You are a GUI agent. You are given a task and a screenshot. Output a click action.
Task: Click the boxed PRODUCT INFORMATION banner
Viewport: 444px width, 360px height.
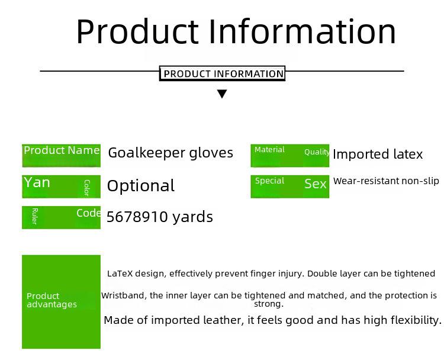coord(222,73)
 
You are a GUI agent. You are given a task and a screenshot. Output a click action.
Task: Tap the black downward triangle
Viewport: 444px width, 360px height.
coord(222,94)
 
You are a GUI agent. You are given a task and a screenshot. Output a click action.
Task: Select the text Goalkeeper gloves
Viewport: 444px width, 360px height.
coord(170,153)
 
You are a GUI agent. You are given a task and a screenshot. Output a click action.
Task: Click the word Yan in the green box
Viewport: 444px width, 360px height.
coord(37,182)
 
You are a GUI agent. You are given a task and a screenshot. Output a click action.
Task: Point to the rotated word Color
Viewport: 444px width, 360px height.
coord(87,188)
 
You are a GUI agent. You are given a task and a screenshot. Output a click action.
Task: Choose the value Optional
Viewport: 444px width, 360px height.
coord(141,186)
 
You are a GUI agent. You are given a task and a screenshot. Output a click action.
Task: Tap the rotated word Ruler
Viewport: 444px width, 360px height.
coord(34,216)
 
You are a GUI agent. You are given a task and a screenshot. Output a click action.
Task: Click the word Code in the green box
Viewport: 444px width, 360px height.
coord(88,213)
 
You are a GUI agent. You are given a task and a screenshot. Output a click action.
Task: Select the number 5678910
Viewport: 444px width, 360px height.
coord(137,217)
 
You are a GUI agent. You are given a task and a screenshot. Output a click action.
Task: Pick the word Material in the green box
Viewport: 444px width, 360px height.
coord(269,150)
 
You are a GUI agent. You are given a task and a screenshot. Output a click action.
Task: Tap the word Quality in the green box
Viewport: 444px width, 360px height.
coord(317,152)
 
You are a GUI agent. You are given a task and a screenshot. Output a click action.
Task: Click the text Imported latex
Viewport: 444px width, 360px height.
coord(378,155)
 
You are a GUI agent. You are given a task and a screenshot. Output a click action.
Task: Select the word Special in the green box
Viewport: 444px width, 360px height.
coord(269,181)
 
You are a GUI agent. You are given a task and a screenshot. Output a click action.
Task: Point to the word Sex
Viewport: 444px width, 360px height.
coord(316,184)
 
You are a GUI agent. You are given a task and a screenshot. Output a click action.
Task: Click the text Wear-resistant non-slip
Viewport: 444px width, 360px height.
coord(386,181)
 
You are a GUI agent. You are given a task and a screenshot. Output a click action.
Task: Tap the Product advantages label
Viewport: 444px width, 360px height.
coord(52,300)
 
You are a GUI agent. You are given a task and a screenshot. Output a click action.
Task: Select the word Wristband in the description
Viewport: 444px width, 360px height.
coord(124,295)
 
